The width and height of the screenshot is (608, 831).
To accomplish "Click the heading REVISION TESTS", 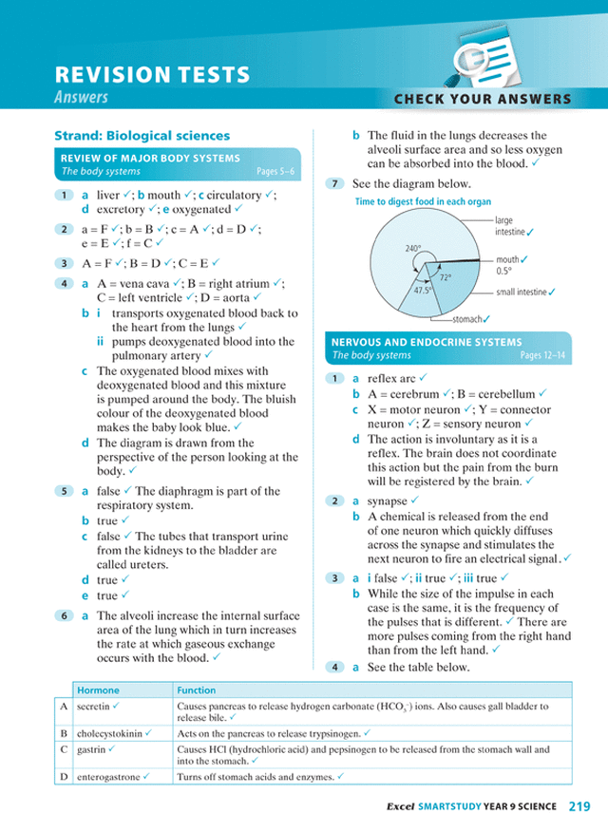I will pyautogui.click(x=153, y=75).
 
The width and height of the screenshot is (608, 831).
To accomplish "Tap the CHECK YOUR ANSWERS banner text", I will pyautogui.click(x=483, y=99).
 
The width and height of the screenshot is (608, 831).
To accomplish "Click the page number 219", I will pyautogui.click(x=579, y=807).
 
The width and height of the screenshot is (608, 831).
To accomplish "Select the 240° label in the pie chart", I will pyautogui.click(x=412, y=249).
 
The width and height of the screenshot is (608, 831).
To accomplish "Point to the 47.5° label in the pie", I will pyautogui.click(x=422, y=290).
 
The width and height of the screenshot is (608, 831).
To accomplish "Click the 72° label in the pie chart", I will pyautogui.click(x=446, y=278).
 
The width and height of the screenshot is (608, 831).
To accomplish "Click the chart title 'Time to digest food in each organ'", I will pyautogui.click(x=423, y=202).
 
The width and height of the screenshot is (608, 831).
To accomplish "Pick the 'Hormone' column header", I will pyautogui.click(x=99, y=690).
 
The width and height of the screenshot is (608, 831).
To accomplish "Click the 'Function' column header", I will pyautogui.click(x=197, y=690).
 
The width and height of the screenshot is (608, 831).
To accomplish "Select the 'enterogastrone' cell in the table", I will pyautogui.click(x=108, y=777).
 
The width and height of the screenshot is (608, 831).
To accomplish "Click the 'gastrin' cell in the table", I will pyautogui.click(x=91, y=749).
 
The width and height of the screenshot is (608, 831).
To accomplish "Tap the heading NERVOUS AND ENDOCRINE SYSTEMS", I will pyautogui.click(x=426, y=342).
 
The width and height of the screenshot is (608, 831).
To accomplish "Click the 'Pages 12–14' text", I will pyautogui.click(x=543, y=356).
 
